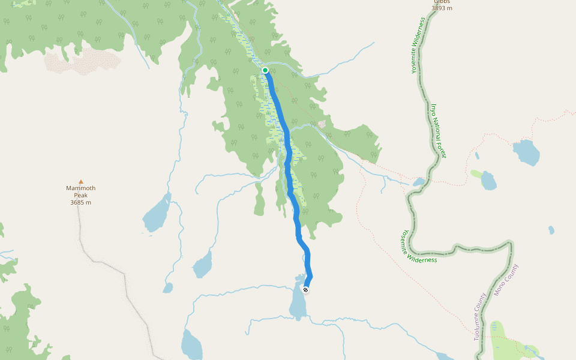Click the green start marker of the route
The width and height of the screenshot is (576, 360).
point(265,70)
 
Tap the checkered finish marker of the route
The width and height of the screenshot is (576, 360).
point(306,290)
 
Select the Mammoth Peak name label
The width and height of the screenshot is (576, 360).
point(80,191)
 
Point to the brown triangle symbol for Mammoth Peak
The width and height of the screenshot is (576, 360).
point(80,181)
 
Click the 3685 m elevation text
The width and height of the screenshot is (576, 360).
point(80,202)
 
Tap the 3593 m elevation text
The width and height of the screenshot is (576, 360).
point(442,8)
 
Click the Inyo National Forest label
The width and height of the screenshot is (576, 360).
point(438,131)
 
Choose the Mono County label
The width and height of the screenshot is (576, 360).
point(506,280)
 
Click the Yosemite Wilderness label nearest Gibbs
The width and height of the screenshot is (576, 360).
point(418,46)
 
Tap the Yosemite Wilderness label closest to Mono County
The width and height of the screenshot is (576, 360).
point(419,248)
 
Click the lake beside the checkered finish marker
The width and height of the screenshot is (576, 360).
point(298,303)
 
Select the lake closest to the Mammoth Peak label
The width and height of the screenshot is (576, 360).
point(157,214)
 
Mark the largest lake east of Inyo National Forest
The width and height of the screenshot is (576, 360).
point(526,152)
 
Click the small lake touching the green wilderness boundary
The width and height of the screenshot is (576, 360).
point(418,182)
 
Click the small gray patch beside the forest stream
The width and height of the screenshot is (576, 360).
point(322,124)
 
